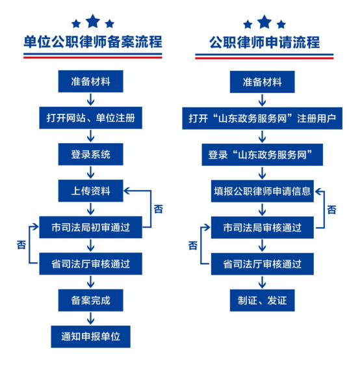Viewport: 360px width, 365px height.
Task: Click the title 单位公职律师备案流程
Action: coord(93,42)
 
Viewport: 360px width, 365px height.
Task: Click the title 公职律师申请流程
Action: coord(264,42)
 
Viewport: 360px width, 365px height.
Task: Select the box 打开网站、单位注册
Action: coord(91,118)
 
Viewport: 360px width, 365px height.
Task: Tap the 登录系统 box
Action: coord(91,154)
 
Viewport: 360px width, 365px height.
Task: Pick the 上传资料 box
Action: coord(91,191)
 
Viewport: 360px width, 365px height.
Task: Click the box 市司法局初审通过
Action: coord(91,227)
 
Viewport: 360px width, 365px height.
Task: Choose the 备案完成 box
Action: coord(91,301)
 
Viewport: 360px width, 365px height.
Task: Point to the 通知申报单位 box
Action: coord(91,336)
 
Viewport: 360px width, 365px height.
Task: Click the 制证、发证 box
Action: coord(263,301)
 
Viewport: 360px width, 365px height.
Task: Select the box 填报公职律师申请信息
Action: coord(263,191)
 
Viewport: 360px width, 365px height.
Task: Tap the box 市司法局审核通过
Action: coord(263,228)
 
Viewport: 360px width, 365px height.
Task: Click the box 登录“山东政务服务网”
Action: coord(263,155)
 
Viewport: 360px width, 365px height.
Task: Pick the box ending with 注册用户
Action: coord(263,118)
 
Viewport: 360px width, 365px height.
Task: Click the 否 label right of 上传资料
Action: coord(159,209)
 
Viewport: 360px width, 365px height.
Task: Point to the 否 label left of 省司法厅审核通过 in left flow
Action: coord(21,245)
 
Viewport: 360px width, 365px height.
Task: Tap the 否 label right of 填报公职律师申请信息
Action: coord(331,210)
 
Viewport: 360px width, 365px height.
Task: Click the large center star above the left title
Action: coord(93,21)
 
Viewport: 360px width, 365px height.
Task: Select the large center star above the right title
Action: coord(264,22)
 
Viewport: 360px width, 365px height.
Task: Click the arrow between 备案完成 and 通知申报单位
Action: coord(91,318)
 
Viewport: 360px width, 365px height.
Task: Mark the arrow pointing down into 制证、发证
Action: coord(263,282)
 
